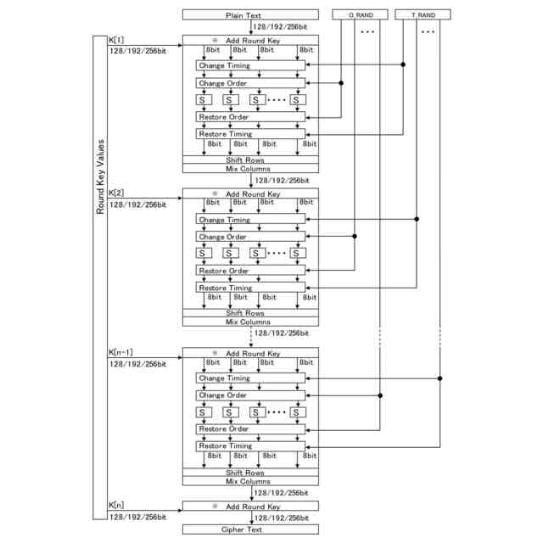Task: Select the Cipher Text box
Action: coord(250,529)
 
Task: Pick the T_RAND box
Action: coord(424,15)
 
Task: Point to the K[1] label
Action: coord(117,40)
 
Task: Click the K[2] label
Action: coord(117,194)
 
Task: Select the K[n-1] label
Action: coord(124,352)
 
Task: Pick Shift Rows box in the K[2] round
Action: coord(250,313)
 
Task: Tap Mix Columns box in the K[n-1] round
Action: coord(250,481)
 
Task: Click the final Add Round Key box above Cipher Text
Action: coord(250,507)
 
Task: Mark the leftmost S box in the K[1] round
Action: coord(204,99)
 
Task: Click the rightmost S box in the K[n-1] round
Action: coord(297,412)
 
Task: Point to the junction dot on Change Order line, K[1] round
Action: coord(341,83)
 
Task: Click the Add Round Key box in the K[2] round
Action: coord(250,194)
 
